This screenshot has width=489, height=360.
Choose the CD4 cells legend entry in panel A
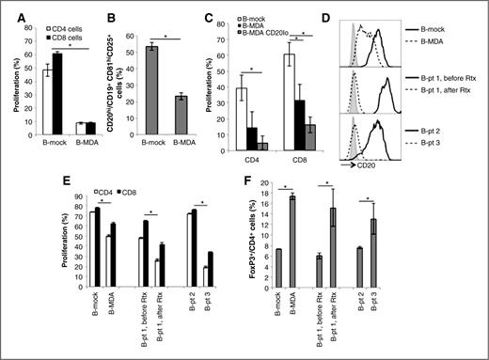click(64, 17)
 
